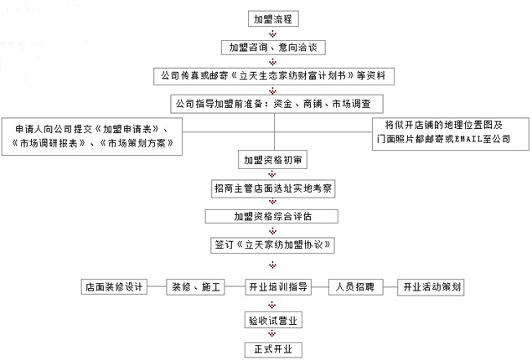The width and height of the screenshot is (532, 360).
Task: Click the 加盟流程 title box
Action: click(273, 19)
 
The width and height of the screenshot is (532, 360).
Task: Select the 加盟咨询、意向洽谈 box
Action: click(273, 48)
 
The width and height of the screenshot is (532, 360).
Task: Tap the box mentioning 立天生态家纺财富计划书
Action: click(274, 76)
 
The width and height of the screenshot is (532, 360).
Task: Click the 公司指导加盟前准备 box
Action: click(276, 104)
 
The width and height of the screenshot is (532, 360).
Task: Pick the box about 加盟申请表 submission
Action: click(92, 136)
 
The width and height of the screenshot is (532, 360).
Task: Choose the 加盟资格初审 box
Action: click(273, 160)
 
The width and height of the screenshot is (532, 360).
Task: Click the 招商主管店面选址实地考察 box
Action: click(273, 188)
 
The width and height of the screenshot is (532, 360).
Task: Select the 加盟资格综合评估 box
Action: click(271, 216)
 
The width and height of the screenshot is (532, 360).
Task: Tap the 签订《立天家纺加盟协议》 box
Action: click(273, 244)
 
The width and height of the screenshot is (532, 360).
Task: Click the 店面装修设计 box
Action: click(114, 287)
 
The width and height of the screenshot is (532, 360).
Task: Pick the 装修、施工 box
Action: click(195, 287)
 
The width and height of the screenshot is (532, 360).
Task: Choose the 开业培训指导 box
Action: click(278, 287)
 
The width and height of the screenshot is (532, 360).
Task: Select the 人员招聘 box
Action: click(355, 287)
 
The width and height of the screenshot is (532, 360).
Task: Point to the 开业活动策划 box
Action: click(431, 287)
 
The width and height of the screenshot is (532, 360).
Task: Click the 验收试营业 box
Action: click(273, 321)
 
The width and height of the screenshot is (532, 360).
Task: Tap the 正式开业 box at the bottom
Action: click(273, 349)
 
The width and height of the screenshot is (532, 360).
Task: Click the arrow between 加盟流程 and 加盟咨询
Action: click(273, 33)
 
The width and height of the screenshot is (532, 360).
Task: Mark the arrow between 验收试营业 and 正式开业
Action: click(272, 334)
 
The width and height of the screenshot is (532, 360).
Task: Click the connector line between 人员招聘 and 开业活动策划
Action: click(390, 287)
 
